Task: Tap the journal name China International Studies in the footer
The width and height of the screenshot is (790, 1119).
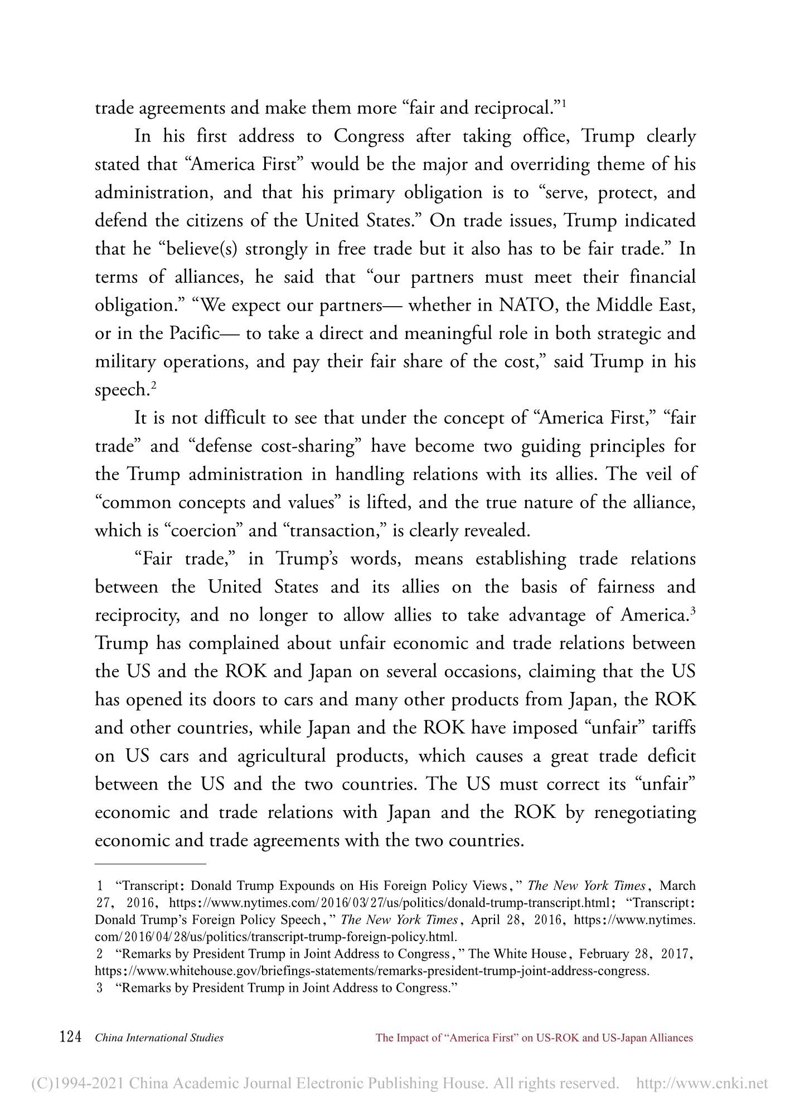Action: pos(159,1038)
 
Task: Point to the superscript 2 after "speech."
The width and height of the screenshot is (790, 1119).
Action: pos(153,384)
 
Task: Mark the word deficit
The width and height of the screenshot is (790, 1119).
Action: pos(671,756)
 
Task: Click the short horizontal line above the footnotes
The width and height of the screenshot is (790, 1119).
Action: pos(151,864)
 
